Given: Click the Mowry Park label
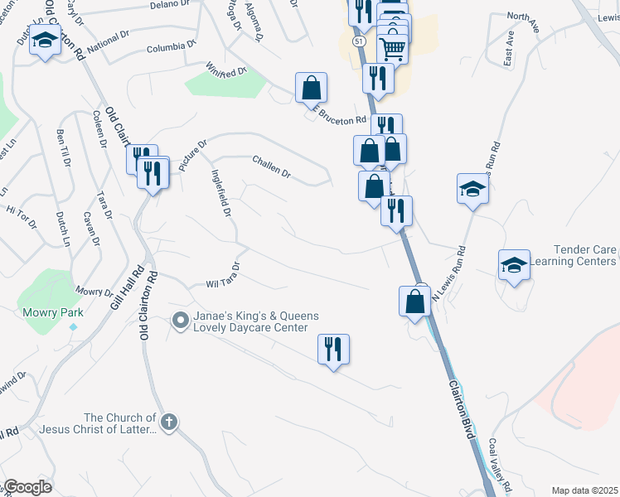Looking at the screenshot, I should pos(39,313).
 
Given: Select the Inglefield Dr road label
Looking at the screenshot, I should pos(220,195).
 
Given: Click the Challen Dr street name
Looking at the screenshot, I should pos(272,174).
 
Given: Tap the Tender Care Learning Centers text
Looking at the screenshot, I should pos(584,255).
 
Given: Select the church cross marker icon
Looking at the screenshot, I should pos(169,422).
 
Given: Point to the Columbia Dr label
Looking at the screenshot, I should pos(172,46).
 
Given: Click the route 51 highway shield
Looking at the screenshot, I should pos(357,41).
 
